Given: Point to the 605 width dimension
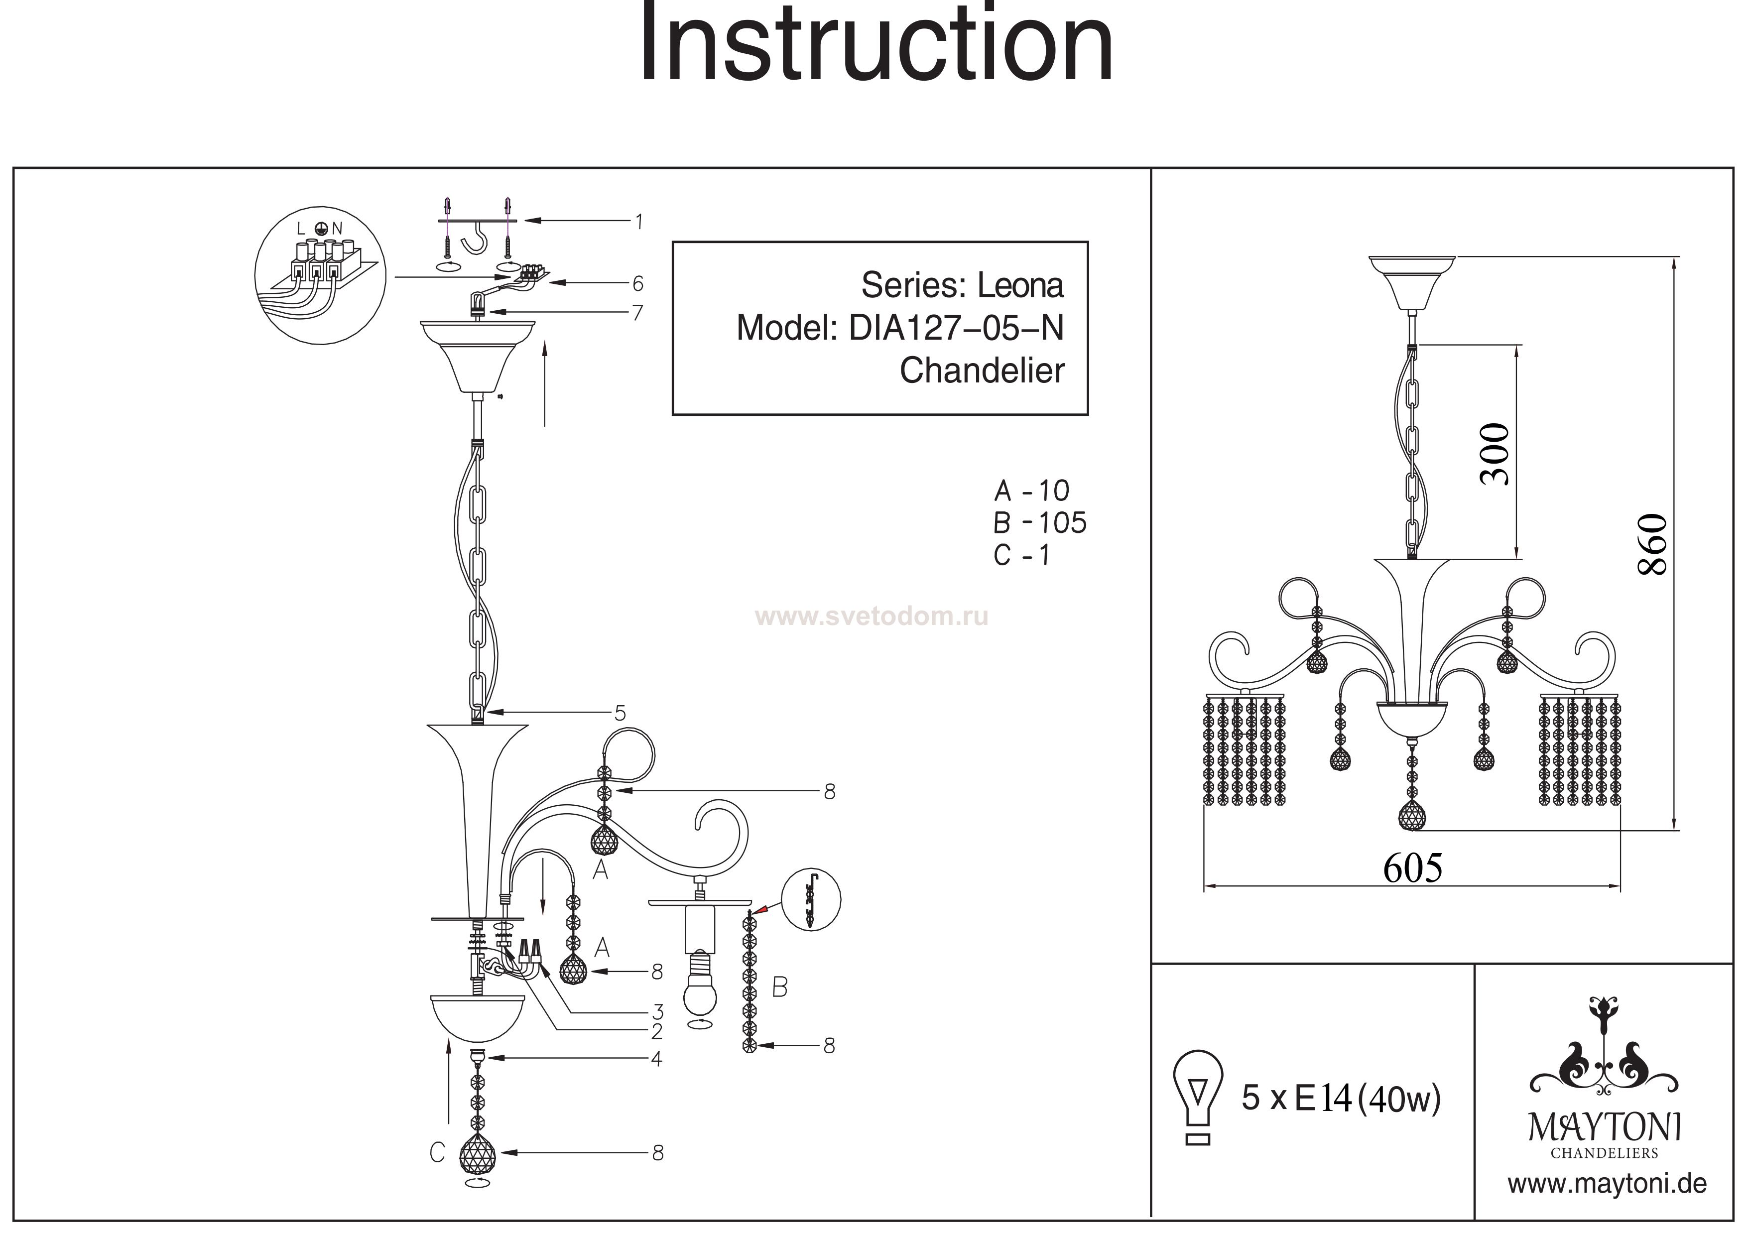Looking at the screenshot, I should coord(1412,868).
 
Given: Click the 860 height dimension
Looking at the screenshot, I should coord(1653,544).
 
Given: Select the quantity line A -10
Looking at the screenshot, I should coord(1032,491).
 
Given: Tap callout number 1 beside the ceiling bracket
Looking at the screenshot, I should coord(638,222).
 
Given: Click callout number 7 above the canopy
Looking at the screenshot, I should coord(637,313).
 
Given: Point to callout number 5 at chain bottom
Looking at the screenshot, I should coord(620,713).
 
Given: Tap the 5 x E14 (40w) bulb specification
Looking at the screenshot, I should coord(1341,1099).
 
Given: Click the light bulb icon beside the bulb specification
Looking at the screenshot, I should coord(1198,1097).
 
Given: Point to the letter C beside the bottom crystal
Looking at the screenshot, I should coord(437,1153).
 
